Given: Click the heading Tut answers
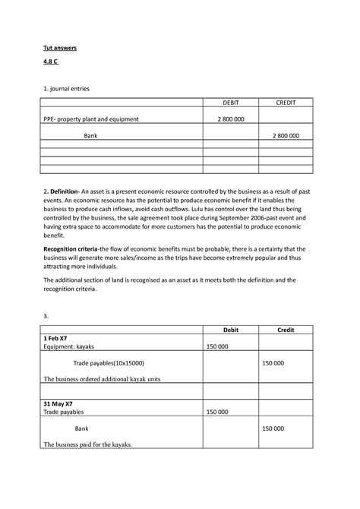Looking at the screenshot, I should pos(59,48).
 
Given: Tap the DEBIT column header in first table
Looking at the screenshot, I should pos(229,103).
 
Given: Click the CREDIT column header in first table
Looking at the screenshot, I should pos(286,103).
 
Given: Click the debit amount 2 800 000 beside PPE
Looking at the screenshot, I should pos(229,119).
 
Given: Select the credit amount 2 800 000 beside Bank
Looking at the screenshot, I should pos(286,136).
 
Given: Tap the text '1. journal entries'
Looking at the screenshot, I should pos(65,88).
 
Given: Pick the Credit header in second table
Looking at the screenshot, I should pos(286,328).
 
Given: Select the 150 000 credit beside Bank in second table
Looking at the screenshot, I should pos(273,428).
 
